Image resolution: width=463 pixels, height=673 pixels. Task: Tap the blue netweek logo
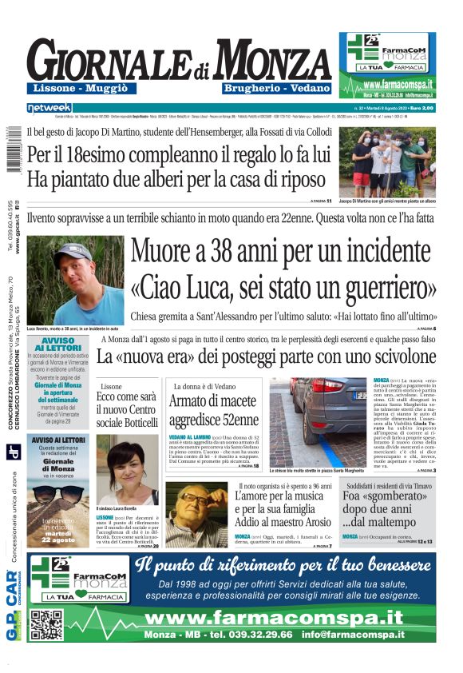click(49, 107)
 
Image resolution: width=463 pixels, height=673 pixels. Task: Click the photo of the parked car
click(317, 421)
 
